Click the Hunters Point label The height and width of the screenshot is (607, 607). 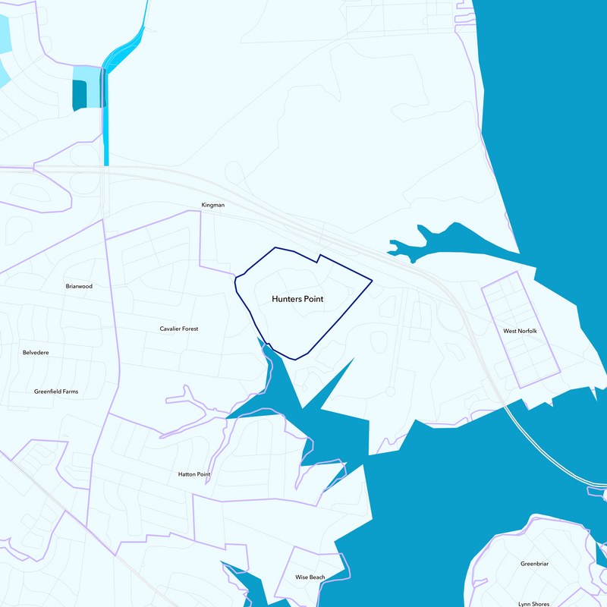pyautogui.click(x=297, y=299)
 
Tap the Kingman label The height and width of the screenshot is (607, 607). pyautogui.click(x=213, y=205)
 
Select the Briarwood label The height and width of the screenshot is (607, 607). pyautogui.click(x=79, y=287)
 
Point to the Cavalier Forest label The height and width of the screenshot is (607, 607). pyautogui.click(x=179, y=329)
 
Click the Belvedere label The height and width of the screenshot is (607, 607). pyautogui.click(x=36, y=352)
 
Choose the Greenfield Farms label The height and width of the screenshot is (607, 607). pyautogui.click(x=56, y=392)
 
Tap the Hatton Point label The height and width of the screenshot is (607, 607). pyautogui.click(x=194, y=474)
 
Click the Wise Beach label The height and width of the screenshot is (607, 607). pyautogui.click(x=310, y=577)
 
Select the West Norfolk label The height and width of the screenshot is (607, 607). pyautogui.click(x=521, y=332)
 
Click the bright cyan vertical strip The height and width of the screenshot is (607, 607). pyautogui.click(x=105, y=121)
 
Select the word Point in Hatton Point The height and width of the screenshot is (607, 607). pyautogui.click(x=203, y=474)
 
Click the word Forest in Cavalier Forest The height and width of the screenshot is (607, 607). pyautogui.click(x=189, y=329)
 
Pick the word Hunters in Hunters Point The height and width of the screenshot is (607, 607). pyautogui.click(x=287, y=299)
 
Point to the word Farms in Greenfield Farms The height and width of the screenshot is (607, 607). pyautogui.click(x=70, y=392)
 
